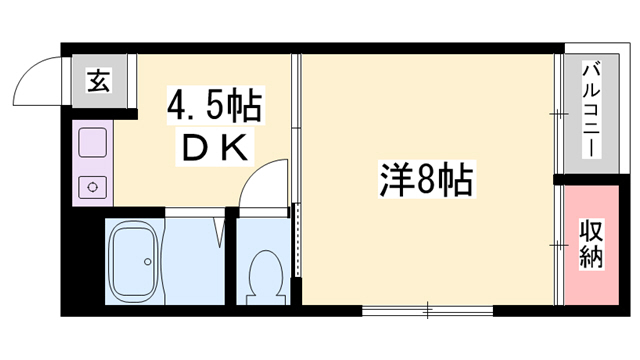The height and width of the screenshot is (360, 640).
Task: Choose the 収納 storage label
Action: coord(591,245)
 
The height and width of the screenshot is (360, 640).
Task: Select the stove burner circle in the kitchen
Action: coord(93,186)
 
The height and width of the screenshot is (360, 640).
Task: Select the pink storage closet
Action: coord(591,245)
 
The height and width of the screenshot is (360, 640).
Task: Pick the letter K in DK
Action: coord(232,148)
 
